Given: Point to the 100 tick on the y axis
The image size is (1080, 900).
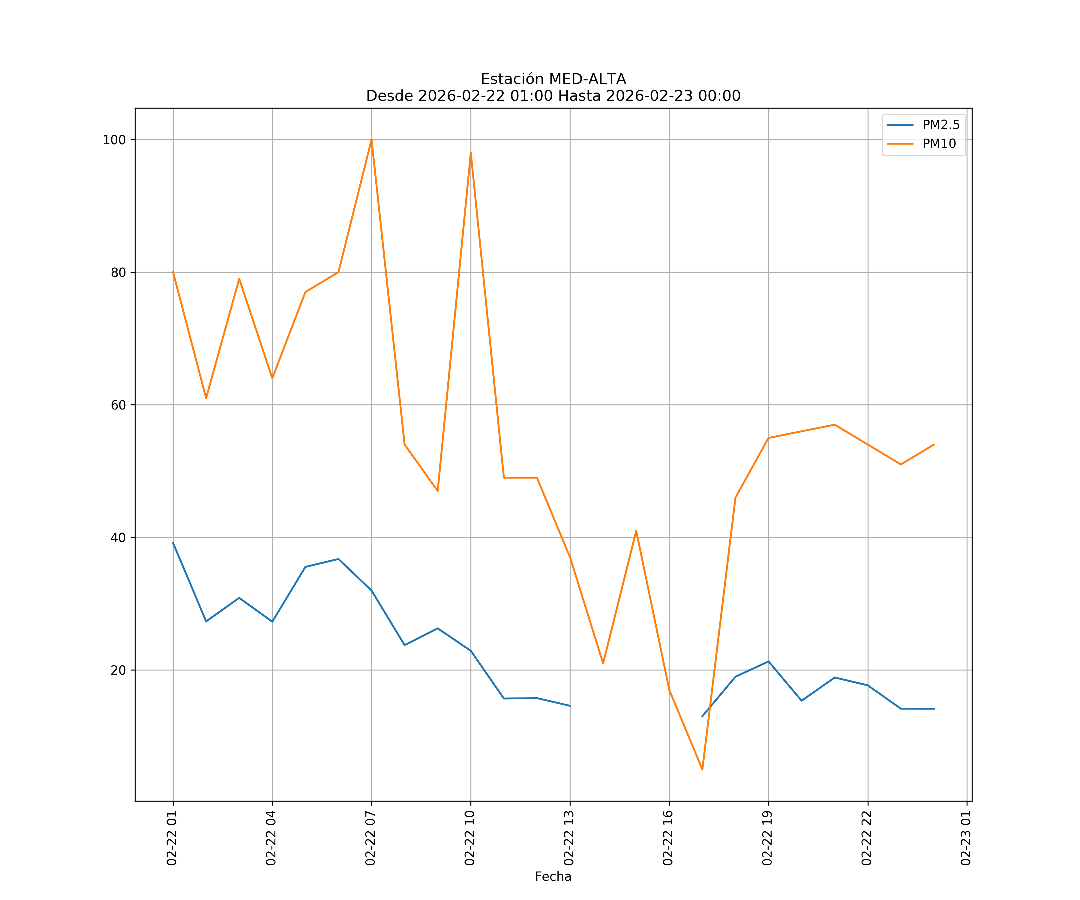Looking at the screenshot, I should [x=114, y=140].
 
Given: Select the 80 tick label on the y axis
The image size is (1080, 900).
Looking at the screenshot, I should [x=118, y=273].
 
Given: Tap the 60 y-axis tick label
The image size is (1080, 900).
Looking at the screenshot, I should [x=118, y=405].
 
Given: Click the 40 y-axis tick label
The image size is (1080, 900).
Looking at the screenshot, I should [x=118, y=538].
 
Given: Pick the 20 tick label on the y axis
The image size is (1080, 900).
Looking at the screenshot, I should [x=118, y=670].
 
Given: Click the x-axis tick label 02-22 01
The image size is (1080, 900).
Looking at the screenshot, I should [x=172, y=838].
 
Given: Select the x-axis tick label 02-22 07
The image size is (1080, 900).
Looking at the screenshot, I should [x=371, y=838].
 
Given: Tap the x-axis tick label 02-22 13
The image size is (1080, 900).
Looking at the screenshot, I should [x=569, y=838].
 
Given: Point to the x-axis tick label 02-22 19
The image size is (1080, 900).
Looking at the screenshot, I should [x=768, y=838].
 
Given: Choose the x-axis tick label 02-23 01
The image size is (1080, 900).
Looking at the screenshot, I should [x=966, y=838].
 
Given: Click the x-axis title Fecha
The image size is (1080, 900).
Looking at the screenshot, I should [x=553, y=877].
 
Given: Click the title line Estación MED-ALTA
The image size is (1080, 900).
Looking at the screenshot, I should [x=553, y=79].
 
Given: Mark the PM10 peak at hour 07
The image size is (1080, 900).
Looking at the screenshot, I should [x=371, y=140].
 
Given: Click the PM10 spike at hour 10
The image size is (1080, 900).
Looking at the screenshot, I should [x=471, y=153].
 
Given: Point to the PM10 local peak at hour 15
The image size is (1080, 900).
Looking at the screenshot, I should [x=636, y=531].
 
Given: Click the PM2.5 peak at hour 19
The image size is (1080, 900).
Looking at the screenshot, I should [x=768, y=661].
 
